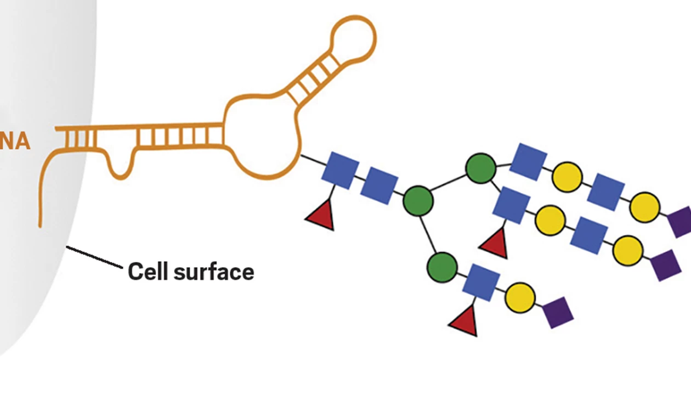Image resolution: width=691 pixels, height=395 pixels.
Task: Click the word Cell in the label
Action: coord(145,272)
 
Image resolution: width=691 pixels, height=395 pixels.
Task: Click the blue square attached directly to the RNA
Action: coord(340,171)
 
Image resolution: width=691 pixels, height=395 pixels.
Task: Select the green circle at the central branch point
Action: coord(418,201)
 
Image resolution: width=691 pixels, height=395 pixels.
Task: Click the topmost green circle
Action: coord(481,168)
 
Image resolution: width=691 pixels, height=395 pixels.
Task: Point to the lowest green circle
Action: coord(442,267)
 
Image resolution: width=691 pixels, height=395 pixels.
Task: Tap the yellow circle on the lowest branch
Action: coord(520,297)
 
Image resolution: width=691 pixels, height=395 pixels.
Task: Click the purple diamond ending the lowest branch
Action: coord(558,312)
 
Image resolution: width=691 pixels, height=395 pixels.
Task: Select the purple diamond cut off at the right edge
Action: coord(682,221)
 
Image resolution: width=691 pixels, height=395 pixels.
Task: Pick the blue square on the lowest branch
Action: coord(481,281)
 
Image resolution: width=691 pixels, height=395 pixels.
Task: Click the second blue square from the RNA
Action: coord(379,185)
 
